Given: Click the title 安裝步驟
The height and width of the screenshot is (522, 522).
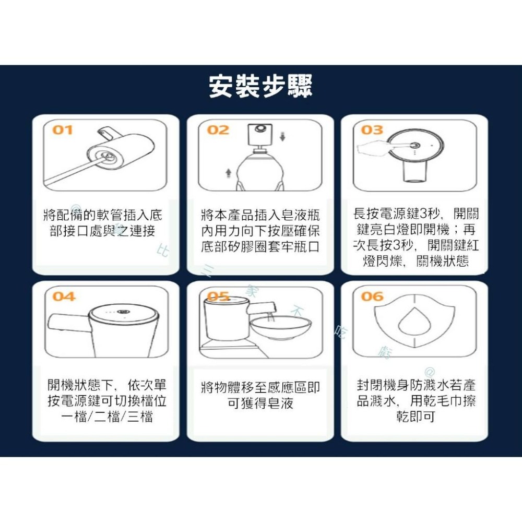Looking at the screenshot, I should click(260, 87).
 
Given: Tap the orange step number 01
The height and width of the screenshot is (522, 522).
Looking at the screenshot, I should click(62, 130).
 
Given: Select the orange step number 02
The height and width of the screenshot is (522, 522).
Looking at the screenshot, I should click(218, 130).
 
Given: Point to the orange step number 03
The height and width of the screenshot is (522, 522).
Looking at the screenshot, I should click(372, 130).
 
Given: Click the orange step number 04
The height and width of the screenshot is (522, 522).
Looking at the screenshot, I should click(64, 296).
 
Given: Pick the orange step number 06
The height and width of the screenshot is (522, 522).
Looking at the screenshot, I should click(372, 296).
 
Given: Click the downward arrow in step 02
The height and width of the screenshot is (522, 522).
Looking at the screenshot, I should click(282, 137).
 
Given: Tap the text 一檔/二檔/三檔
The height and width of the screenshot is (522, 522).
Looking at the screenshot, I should click(106, 417).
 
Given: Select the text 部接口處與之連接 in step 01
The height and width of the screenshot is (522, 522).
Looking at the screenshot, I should click(102, 231).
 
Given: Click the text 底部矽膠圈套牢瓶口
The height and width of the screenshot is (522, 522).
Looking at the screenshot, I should click(260, 246).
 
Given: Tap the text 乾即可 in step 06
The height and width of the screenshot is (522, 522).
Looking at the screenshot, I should click(415, 417).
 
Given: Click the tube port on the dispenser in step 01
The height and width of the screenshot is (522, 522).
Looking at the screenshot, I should click(104, 155).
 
